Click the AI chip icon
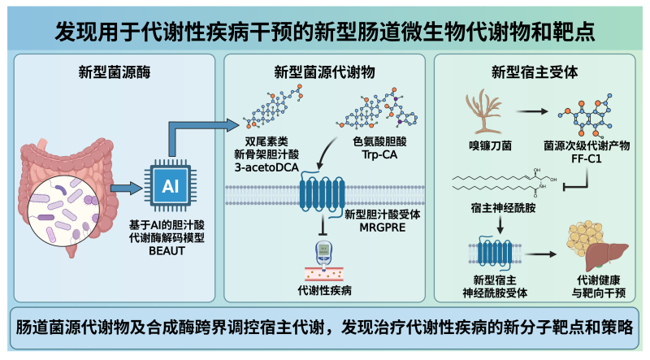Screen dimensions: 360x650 (170, 186)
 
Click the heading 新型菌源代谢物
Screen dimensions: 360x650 (324, 71)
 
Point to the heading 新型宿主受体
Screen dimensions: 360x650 (535, 71)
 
